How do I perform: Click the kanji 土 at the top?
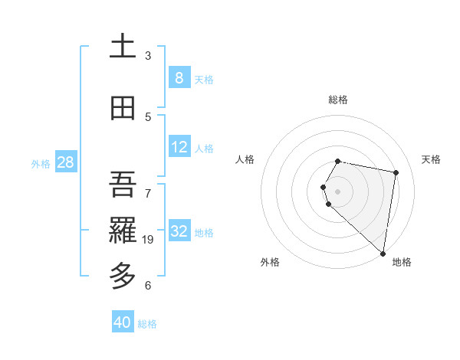[123, 47]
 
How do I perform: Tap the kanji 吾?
[123, 184]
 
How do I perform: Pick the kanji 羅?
[123, 228]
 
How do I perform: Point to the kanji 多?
[123, 274]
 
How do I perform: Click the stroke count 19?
[149, 240]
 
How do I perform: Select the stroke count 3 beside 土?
[148, 56]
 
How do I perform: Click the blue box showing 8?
[179, 77]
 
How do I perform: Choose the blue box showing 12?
[179, 147]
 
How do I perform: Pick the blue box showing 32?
[179, 231]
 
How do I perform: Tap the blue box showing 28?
[64, 162]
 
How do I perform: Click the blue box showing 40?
[122, 322]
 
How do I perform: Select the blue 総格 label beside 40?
[147, 324]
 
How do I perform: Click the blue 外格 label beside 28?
[40, 163]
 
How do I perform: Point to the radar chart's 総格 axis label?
[338, 100]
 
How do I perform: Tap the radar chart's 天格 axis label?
[431, 159]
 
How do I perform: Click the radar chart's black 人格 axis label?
[245, 159]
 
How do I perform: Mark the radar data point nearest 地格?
[383, 253]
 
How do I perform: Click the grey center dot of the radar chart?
[338, 191]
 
